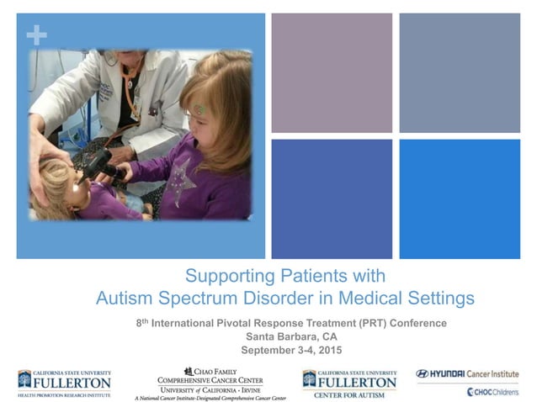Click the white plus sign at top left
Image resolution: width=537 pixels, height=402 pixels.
[36, 35]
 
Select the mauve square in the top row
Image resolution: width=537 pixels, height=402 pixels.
[332, 72]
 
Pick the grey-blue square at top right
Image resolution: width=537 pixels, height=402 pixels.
[460, 72]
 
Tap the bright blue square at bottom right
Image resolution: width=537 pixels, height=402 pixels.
[460, 198]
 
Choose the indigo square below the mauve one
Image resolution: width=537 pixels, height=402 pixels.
[332, 198]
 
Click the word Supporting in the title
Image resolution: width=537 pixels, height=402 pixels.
[225, 276]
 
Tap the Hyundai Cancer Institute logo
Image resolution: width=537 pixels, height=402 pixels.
[467, 373]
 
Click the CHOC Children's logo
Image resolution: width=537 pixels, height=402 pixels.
[493, 391]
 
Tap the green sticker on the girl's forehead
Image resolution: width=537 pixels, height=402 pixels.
[200, 108]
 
